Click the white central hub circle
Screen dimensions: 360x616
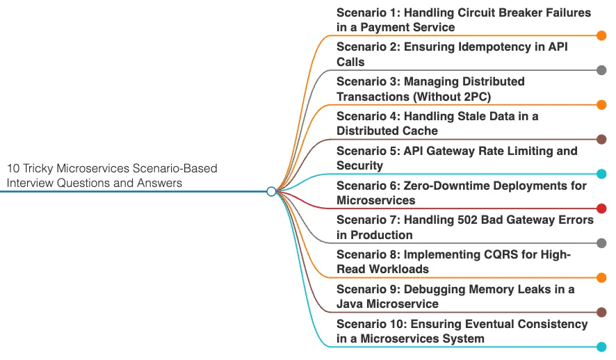(x=272, y=191)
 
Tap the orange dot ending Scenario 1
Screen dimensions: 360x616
(x=601, y=35)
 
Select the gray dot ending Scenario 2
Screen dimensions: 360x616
(x=601, y=70)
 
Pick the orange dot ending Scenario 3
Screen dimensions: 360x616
(x=601, y=105)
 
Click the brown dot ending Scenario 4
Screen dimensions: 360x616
(x=601, y=139)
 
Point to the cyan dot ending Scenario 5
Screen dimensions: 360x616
(x=601, y=174)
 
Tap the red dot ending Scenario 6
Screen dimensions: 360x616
(x=601, y=208)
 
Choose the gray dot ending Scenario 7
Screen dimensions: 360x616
(x=601, y=243)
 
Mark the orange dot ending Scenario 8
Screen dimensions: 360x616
(x=601, y=278)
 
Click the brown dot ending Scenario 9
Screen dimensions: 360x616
(x=601, y=312)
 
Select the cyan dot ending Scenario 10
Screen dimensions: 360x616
(x=601, y=347)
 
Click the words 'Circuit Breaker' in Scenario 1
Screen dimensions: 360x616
(x=501, y=13)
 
